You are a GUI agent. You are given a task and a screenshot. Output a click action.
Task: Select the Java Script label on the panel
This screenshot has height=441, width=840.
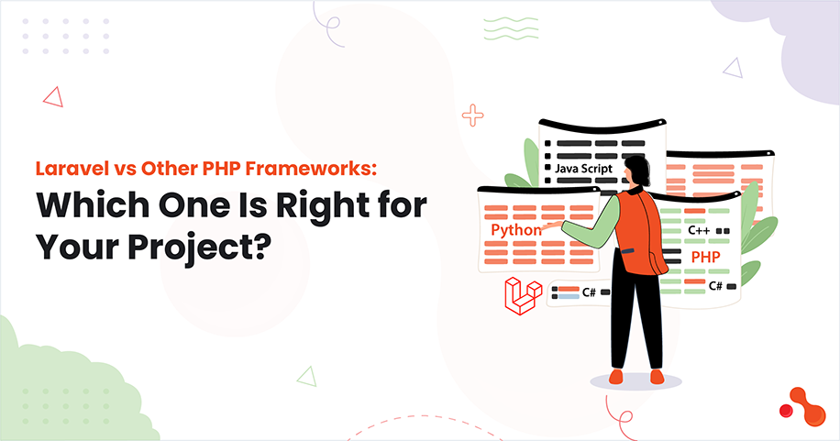(x=581, y=170)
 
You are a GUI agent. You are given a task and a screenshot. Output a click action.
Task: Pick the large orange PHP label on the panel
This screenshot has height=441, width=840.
(x=704, y=257)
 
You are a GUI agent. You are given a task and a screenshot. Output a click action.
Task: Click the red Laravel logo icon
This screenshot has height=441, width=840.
(x=523, y=295)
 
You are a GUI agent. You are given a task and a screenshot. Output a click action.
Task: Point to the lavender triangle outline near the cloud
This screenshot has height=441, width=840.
(x=732, y=67)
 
